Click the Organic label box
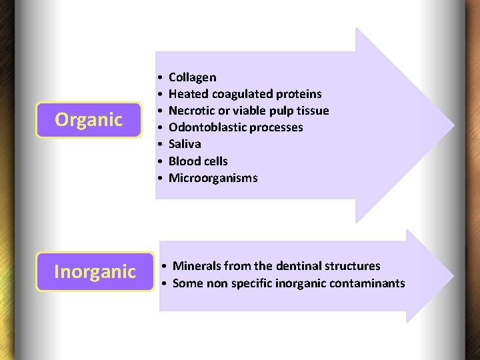click(89, 120)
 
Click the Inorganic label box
click(95, 272)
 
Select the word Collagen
click(192, 77)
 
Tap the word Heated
click(189, 94)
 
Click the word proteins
click(297, 94)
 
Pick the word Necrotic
click(191, 111)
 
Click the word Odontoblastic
click(207, 127)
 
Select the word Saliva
click(185, 144)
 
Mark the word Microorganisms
click(213, 178)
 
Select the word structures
click(353, 266)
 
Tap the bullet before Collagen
click(161, 78)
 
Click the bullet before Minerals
click(165, 267)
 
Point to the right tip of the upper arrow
click(453, 125)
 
